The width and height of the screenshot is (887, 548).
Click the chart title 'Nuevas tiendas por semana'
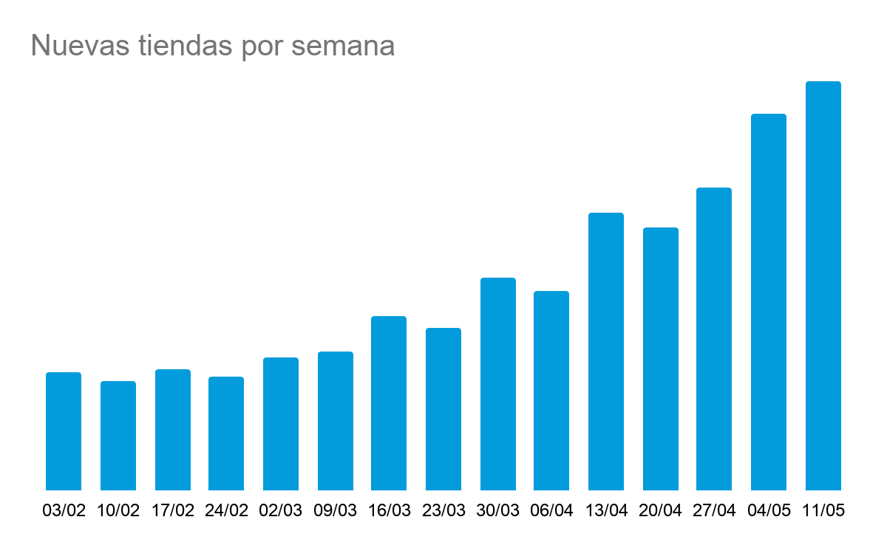tap(213, 46)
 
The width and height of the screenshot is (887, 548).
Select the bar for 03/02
tap(64, 431)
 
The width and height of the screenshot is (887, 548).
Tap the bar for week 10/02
tap(118, 436)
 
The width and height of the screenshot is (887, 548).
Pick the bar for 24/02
tap(226, 434)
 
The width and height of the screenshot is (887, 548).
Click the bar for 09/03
tap(336, 421)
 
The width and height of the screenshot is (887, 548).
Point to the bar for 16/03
tap(389, 403)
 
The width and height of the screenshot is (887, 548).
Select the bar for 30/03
tap(498, 384)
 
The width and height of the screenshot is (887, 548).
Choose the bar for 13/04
tap(606, 352)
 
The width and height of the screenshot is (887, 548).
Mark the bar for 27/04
tap(714, 339)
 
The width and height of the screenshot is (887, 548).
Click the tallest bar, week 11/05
tap(823, 286)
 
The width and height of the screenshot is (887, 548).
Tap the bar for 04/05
tap(769, 302)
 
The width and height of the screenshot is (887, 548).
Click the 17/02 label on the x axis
tap(172, 511)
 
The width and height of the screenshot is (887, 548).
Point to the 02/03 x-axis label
tap(281, 511)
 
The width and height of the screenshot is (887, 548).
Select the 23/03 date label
tap(443, 511)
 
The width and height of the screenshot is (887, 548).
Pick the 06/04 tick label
tap(551, 511)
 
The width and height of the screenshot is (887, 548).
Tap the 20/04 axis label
tap(660, 511)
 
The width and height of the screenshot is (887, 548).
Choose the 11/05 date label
tap(823, 511)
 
